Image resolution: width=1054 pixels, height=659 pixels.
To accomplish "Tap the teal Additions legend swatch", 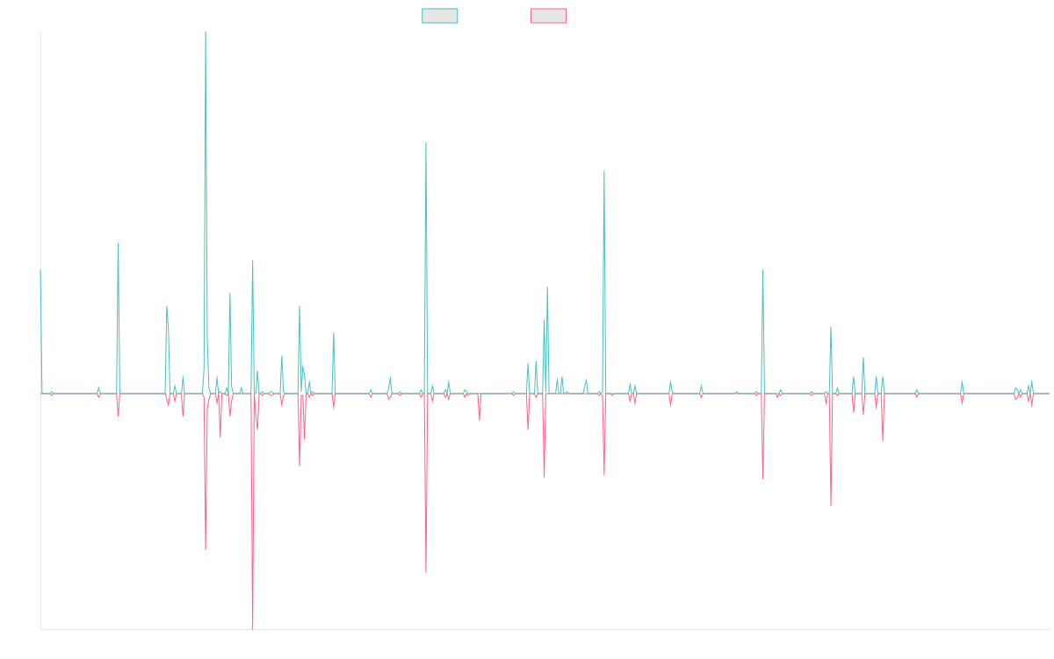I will click(x=440, y=16).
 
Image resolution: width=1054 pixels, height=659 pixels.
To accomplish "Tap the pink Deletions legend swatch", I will click(x=549, y=16).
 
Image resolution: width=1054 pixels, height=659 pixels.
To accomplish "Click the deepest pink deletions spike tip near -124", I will click(x=253, y=628).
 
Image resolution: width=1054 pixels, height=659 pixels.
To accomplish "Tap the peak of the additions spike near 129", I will click(x=426, y=142).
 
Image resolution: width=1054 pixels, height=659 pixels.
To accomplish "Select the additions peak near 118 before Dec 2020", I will click(x=604, y=170).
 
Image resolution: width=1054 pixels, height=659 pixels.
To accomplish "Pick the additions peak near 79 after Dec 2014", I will click(x=119, y=243).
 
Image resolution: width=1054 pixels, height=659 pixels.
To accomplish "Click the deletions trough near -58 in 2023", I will click(x=831, y=505).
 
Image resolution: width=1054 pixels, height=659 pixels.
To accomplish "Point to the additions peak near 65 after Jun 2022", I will click(x=763, y=271).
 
